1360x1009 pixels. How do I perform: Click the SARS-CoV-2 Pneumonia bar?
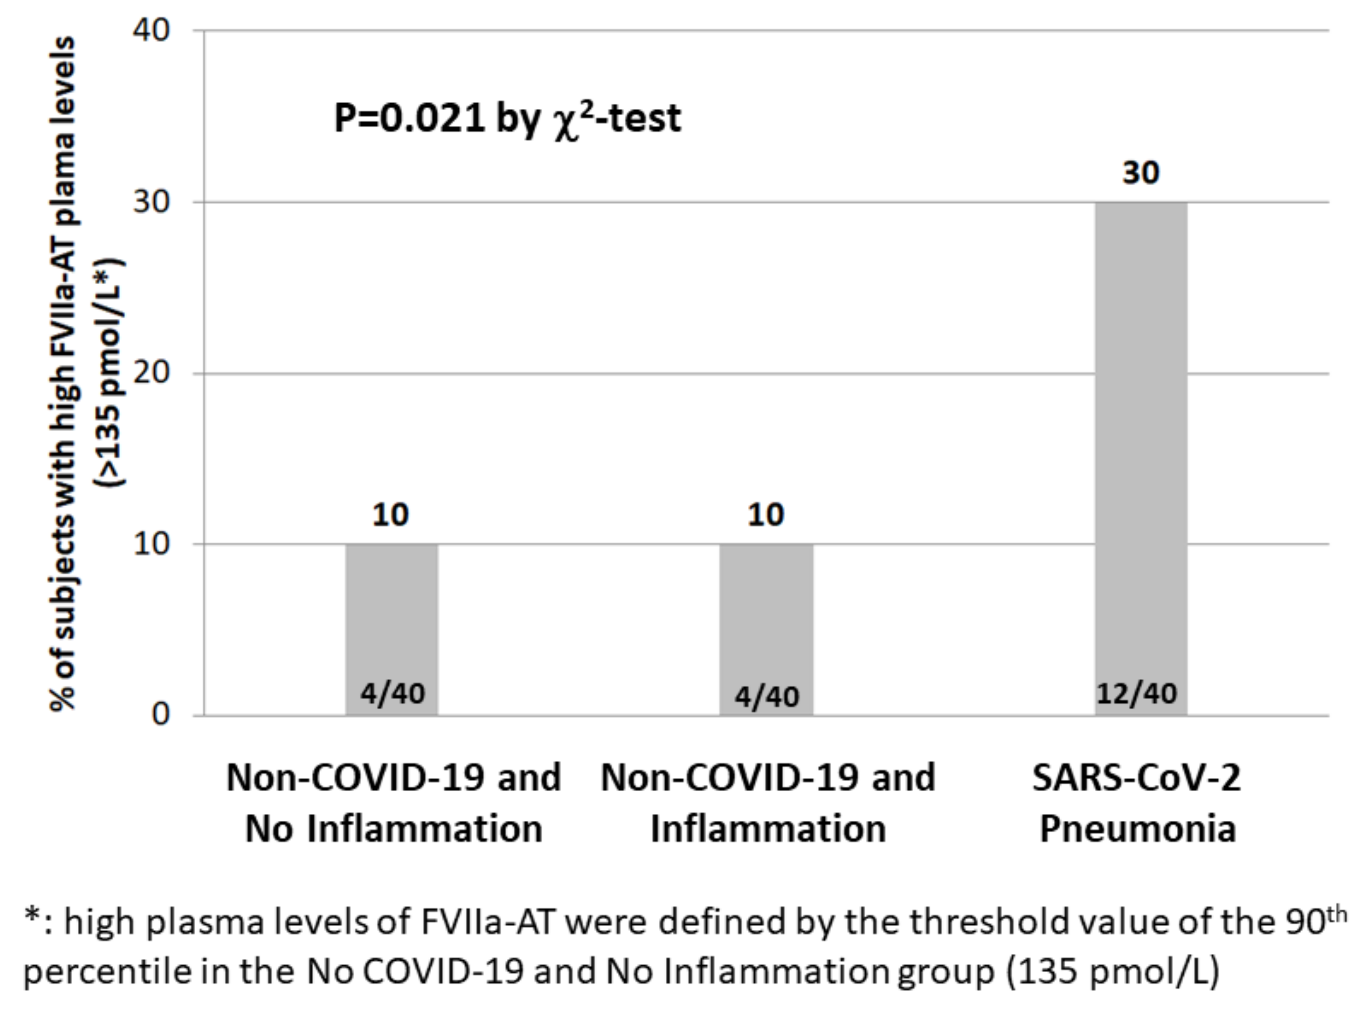tap(1140, 458)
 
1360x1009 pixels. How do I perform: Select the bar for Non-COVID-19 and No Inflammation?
tap(391, 629)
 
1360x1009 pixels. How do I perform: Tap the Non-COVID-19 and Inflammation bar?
tap(766, 629)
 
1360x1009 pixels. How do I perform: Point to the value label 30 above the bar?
tap(1140, 173)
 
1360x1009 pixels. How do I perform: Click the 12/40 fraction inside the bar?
tap(1136, 694)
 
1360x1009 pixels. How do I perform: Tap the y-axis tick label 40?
tap(152, 30)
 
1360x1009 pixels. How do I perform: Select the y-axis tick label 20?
tap(152, 373)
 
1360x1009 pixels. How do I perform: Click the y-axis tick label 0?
tap(160, 714)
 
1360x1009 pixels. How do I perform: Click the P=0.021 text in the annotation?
tap(409, 118)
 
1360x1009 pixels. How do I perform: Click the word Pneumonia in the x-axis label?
tap(1138, 829)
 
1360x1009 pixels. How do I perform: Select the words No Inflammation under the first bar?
tap(394, 829)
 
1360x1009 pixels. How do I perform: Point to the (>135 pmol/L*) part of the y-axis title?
tap(110, 373)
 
